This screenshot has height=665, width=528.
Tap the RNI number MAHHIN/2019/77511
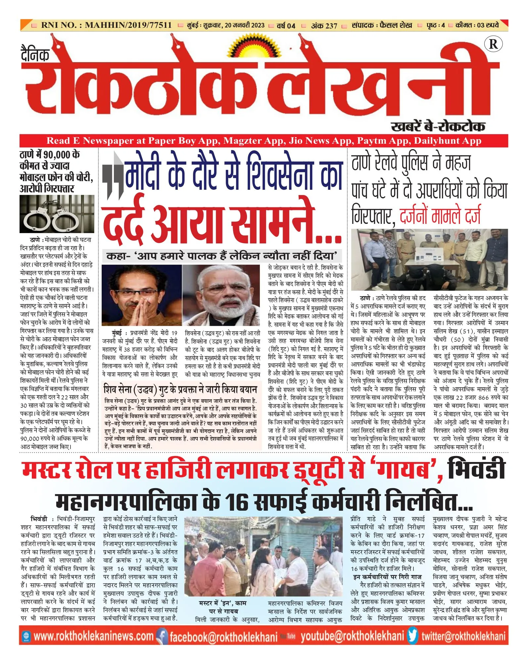[x=128, y=25]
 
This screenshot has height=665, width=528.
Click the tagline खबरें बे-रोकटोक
[x=438, y=127]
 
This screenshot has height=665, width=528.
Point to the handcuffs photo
[x=57, y=214]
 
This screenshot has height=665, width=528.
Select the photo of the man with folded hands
[x=142, y=295]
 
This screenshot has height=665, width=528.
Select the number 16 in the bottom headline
[x=236, y=503]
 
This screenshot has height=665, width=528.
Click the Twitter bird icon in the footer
[x=412, y=636]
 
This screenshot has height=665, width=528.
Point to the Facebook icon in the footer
[x=162, y=636]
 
